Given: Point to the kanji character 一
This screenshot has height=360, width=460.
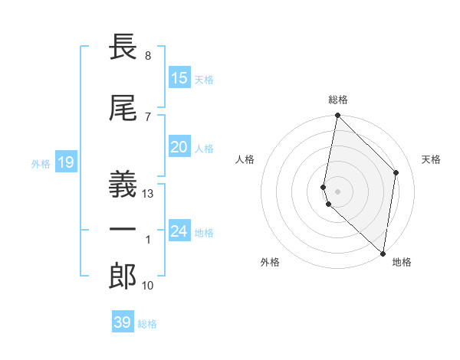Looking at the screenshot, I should click(123, 229).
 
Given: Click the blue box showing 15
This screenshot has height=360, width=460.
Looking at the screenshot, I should click(179, 78).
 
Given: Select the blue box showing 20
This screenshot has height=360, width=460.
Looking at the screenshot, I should click(179, 148).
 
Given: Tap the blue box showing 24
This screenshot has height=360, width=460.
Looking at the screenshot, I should click(179, 231).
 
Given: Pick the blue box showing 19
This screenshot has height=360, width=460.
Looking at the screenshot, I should click(65, 162).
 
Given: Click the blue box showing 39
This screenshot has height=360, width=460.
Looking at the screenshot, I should click(123, 322).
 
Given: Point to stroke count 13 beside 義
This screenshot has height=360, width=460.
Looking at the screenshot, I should click(149, 194).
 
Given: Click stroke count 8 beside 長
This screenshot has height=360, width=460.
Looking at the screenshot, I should click(147, 56).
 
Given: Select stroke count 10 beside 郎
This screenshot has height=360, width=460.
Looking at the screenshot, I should click(148, 286).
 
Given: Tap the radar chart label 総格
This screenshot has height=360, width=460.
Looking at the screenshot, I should click(338, 100).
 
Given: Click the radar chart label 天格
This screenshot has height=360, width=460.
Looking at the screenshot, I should click(431, 159).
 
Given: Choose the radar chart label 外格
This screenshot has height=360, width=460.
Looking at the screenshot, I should click(270, 262).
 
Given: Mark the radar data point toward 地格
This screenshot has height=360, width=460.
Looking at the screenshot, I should click(383, 254).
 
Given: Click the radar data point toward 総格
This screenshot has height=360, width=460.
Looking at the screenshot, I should click(337, 116).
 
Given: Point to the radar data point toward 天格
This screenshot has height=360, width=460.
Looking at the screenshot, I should click(396, 172).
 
